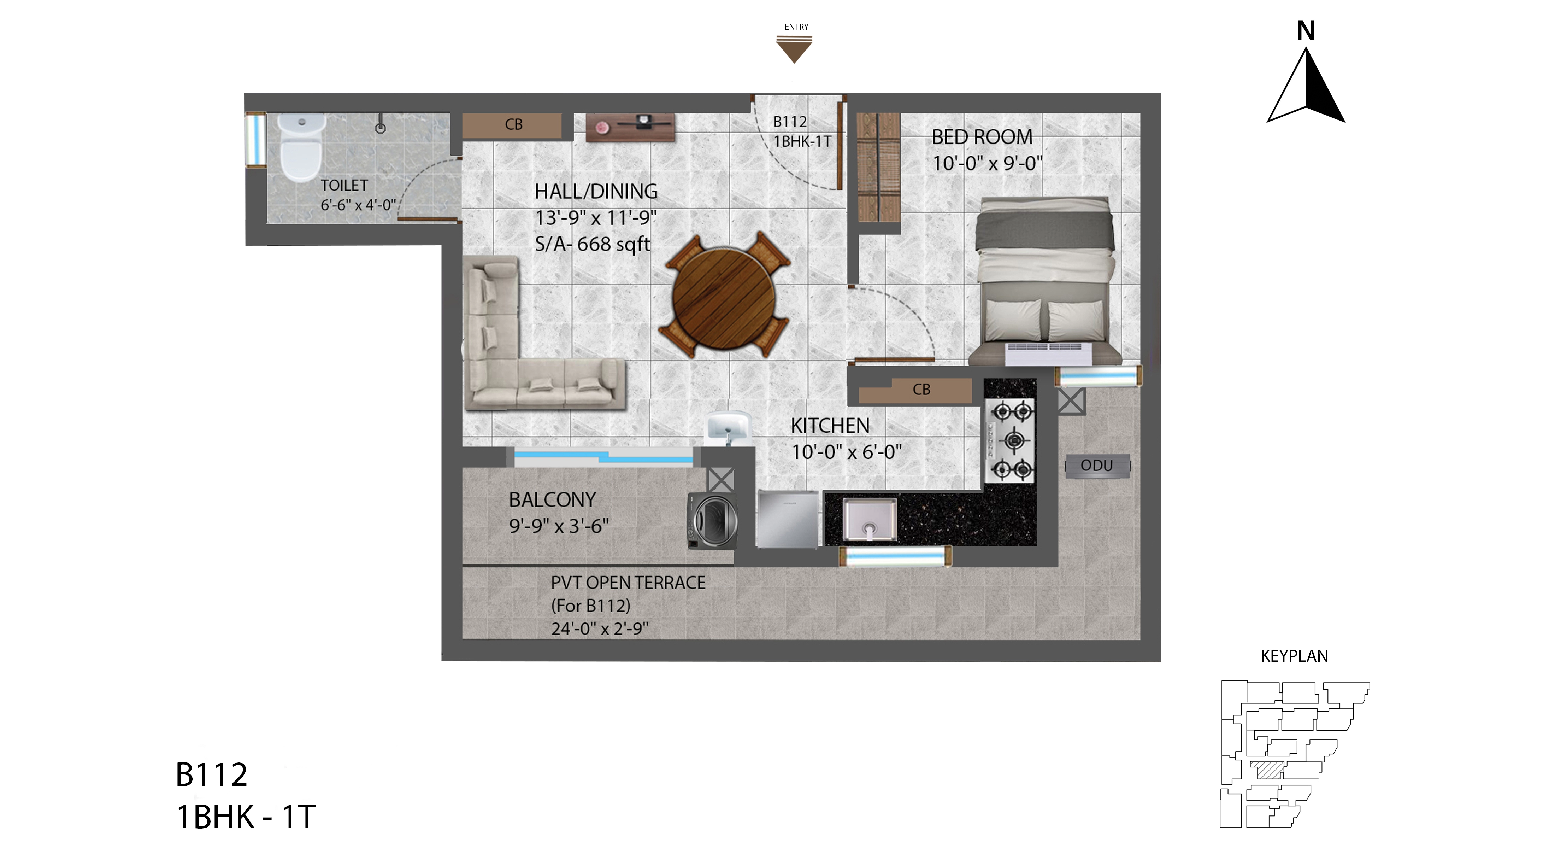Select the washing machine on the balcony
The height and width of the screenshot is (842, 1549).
click(713, 521)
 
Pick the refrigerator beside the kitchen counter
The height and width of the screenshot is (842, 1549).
click(788, 519)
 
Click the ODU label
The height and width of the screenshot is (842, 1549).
click(1097, 466)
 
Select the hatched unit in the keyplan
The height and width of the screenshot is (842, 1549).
click(1267, 770)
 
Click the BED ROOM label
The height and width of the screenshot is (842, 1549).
click(982, 137)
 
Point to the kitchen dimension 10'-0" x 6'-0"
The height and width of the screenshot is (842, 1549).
click(847, 452)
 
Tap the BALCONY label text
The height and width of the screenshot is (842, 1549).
click(552, 500)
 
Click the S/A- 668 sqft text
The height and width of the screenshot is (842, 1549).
click(592, 244)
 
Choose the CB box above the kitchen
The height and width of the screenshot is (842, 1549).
click(915, 390)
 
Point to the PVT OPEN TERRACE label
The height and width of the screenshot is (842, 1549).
click(628, 583)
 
